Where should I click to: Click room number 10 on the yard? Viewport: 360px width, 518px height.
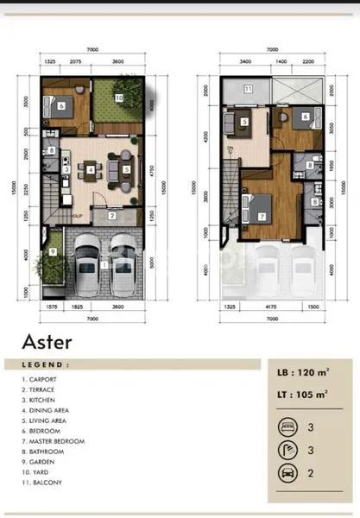[x=119, y=98]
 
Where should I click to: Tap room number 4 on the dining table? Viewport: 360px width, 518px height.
[x=91, y=170]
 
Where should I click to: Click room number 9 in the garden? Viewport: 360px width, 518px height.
[x=53, y=252]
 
